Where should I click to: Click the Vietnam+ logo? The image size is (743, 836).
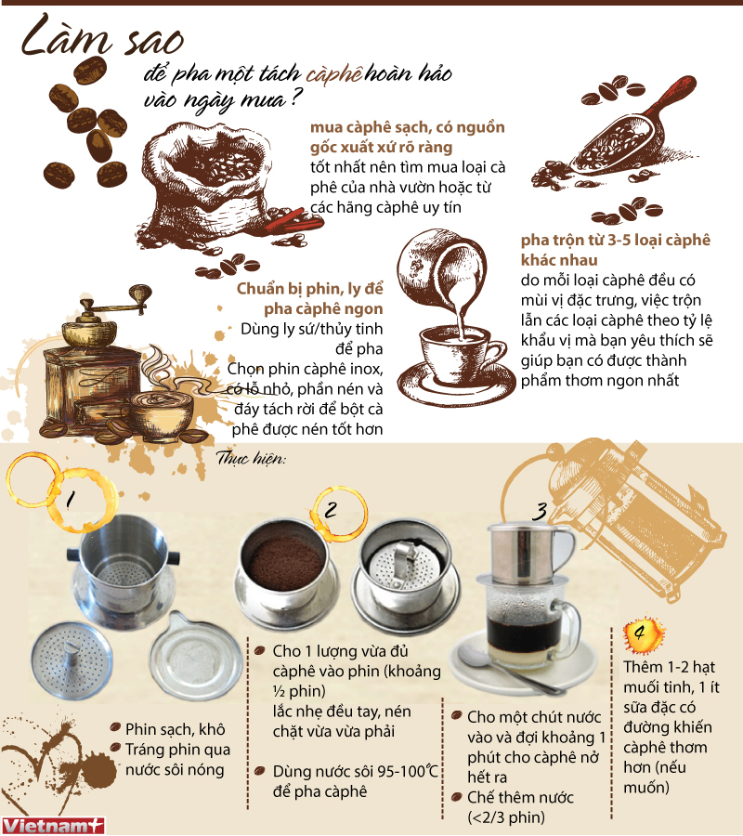coord(52,826)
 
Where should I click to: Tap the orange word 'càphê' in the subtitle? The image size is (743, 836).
coord(334,74)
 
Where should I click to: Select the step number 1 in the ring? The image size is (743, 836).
coord(70,499)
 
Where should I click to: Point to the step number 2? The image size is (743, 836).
coord(331,509)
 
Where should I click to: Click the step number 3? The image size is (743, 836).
coord(540,511)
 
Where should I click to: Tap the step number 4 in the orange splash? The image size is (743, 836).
coord(640,633)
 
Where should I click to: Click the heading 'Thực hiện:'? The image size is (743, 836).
coord(251,458)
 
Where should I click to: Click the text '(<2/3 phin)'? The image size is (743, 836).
coord(506,817)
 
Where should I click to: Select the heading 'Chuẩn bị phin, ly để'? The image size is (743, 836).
coord(309,289)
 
